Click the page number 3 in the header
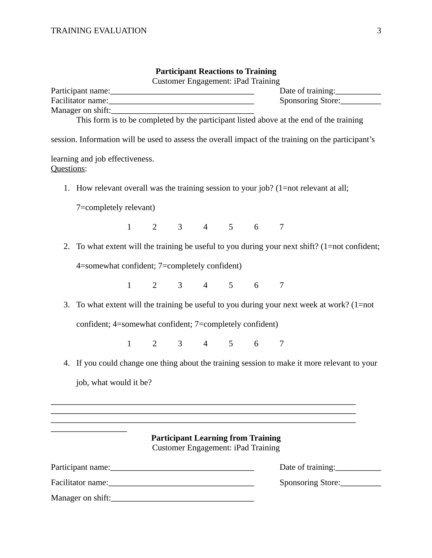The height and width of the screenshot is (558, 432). coord(379,31)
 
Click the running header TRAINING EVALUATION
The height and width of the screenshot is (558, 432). coord(99,31)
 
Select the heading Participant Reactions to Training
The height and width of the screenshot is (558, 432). coord(216,71)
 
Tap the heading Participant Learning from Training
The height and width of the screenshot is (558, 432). coord(216,438)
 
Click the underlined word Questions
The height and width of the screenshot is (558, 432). coord(68,169)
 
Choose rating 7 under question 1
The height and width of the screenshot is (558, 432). coord(282,227)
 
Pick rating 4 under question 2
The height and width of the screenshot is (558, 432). coord(205,285)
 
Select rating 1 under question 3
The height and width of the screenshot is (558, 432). coord(129,344)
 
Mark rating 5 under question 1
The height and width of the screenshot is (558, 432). coord(230,227)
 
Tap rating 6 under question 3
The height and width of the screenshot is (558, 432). coord(256,344)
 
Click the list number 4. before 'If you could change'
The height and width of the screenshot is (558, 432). coord(67,363)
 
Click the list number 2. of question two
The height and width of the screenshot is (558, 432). coord(67,247)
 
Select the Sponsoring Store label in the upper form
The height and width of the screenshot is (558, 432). coord(310,101)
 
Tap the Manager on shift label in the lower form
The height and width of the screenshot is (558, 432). coord(81,498)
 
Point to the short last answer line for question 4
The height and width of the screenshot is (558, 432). coord(89,431)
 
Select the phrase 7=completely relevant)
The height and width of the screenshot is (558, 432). coord(115,207)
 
